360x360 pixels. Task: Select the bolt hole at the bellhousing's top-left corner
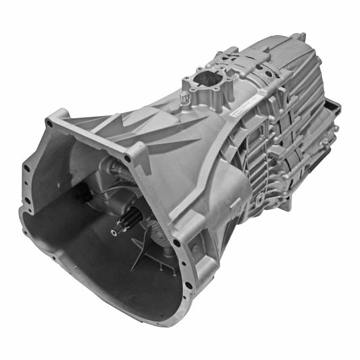coord(49,124)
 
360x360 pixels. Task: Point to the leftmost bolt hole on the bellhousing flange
coord(26,168)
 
